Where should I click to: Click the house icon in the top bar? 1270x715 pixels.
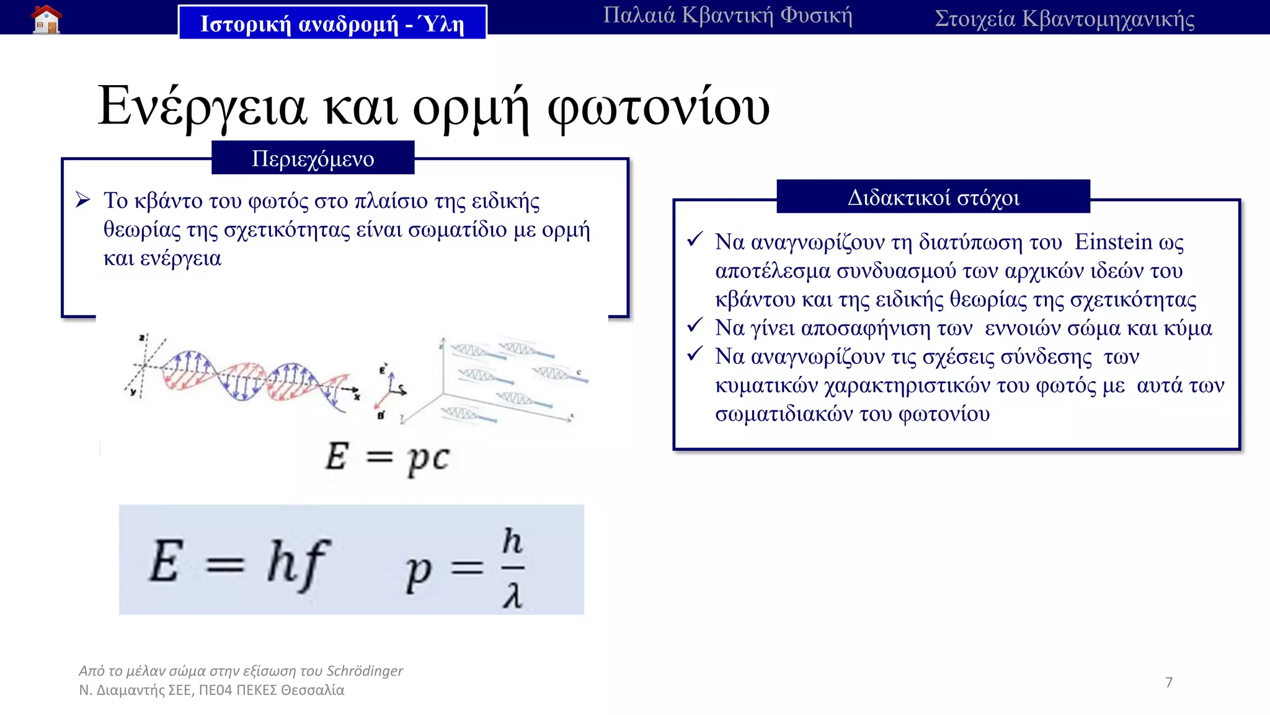47,19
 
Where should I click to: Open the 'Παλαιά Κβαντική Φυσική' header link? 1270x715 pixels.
727,15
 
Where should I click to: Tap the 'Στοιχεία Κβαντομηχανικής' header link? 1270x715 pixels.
1064,19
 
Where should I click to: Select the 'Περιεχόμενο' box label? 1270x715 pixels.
313,158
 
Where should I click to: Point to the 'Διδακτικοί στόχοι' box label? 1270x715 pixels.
933,197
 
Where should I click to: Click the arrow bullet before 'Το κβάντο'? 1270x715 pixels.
83,200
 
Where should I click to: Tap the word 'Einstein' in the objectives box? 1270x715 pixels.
1113,241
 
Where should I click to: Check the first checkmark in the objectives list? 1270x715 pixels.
695,240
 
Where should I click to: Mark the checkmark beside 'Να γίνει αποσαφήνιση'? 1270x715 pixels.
695,325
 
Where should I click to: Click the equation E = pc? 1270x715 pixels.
388,458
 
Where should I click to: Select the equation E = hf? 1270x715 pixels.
239,562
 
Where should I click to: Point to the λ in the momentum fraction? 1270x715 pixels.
512,596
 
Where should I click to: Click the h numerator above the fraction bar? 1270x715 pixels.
512,541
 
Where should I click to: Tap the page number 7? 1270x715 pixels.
1169,682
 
